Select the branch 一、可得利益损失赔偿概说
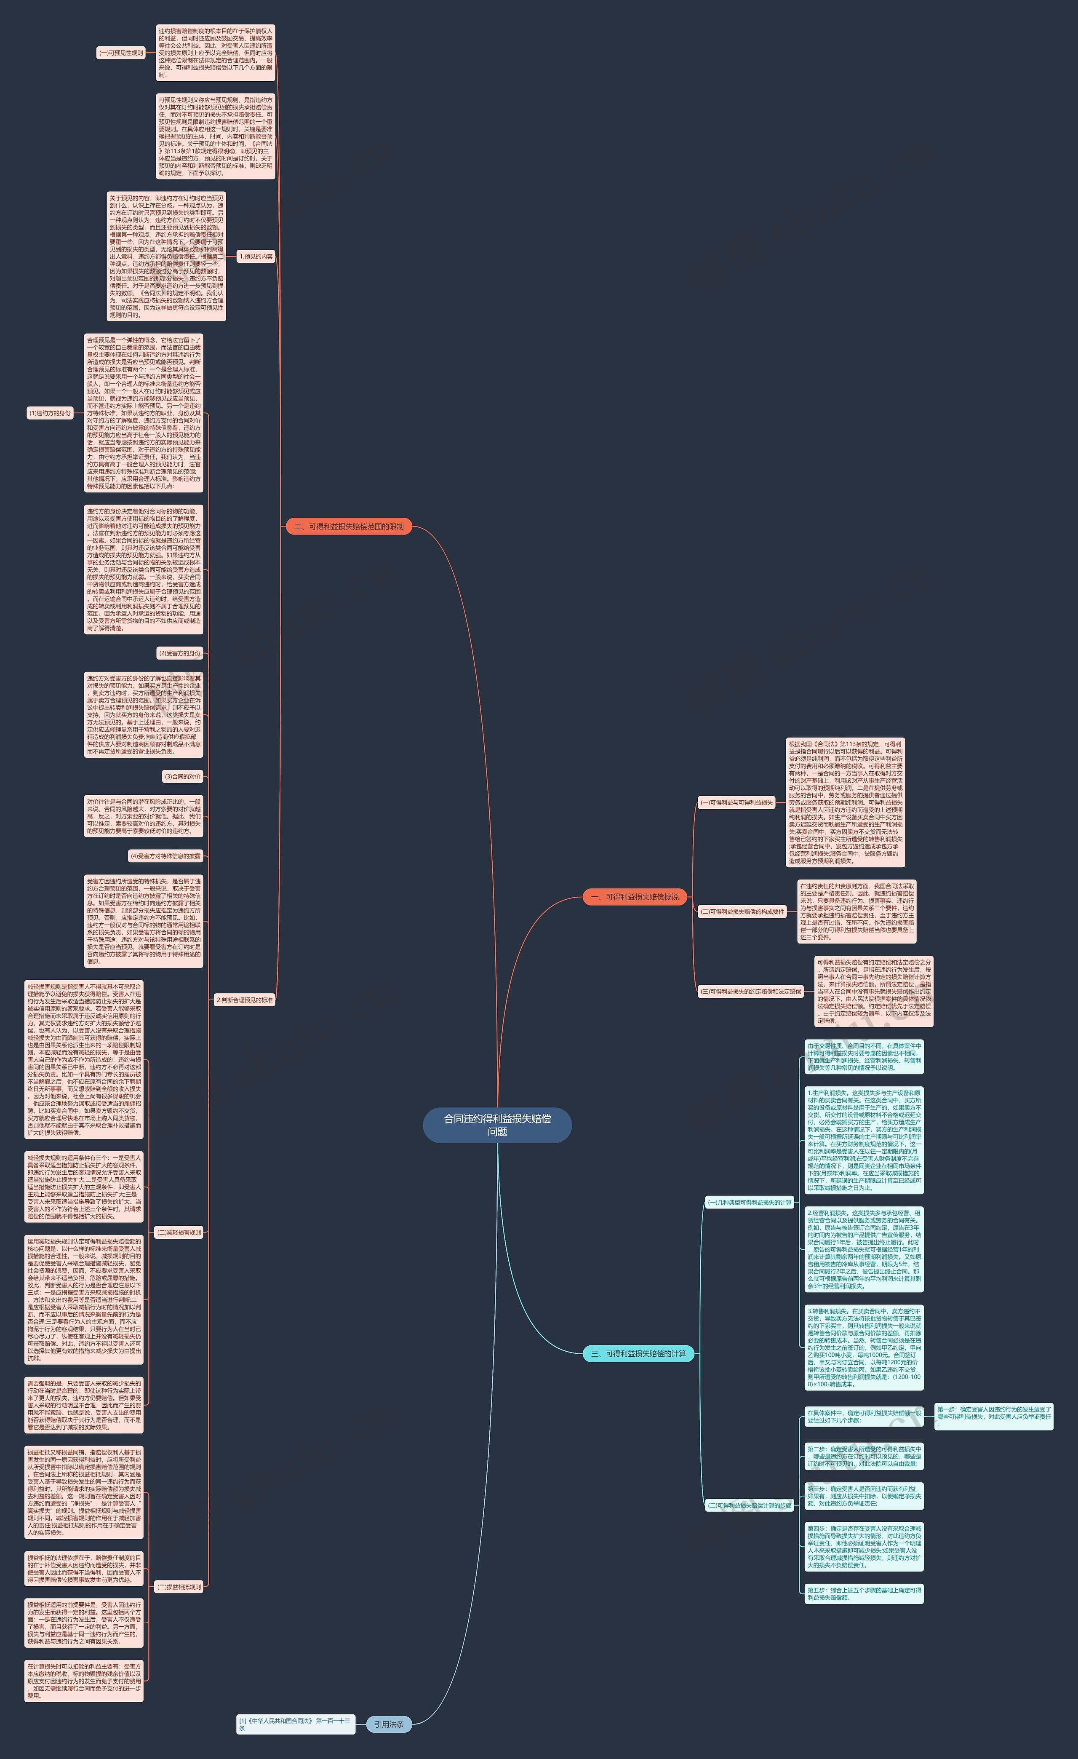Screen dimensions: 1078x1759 pyautogui.click(x=635, y=897)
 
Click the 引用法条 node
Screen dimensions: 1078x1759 pyautogui.click(x=389, y=1724)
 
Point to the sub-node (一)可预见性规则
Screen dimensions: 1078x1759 pyautogui.click(x=121, y=53)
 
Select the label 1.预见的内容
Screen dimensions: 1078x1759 pyautogui.click(x=256, y=256)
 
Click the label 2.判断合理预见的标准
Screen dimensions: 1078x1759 pyautogui.click(x=244, y=1000)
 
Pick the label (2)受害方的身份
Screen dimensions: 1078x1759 pyautogui.click(x=179, y=653)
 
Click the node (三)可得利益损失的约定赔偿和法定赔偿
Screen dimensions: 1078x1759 pyautogui.click(x=751, y=992)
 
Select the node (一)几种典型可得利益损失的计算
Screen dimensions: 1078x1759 pyautogui.click(x=750, y=1202)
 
